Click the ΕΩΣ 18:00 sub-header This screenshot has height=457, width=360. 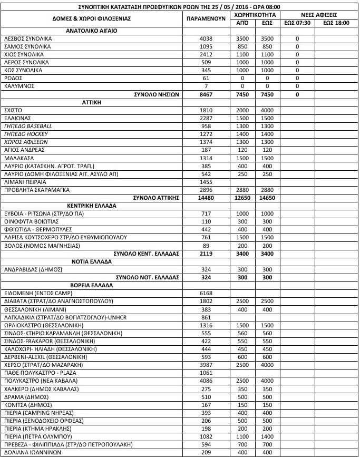coord(335,23)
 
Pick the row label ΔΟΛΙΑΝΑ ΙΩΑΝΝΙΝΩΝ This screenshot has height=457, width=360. coord(33,453)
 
